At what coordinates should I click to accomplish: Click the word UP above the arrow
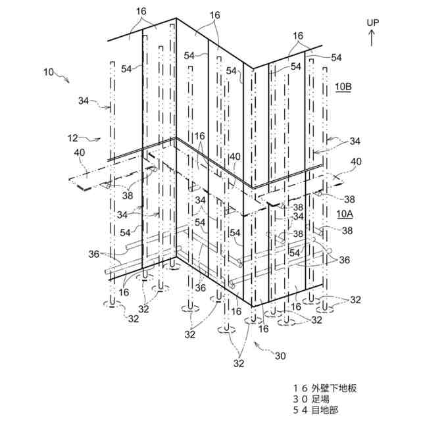point(373,23)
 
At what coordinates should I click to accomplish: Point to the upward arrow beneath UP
point(373,37)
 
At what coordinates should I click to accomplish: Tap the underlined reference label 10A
point(345,214)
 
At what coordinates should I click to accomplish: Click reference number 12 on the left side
point(73,138)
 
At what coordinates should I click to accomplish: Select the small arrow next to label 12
point(93,139)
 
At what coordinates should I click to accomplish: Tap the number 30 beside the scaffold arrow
point(280,356)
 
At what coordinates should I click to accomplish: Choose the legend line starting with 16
point(327,389)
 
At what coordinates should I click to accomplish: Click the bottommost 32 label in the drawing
point(239,362)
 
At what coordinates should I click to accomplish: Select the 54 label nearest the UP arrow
point(337,58)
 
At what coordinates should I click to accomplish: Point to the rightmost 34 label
point(355,141)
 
